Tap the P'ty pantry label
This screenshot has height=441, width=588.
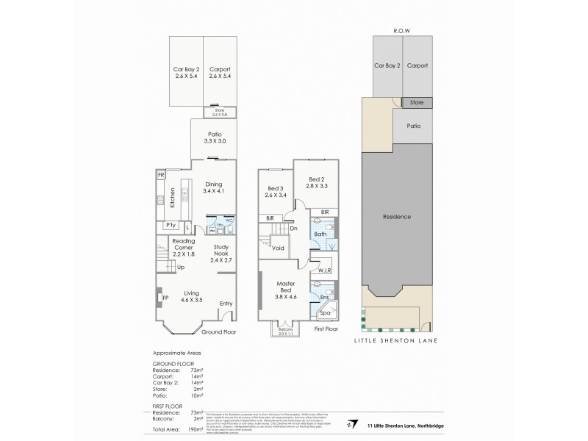click(x=171, y=225)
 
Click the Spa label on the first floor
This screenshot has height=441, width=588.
click(x=324, y=314)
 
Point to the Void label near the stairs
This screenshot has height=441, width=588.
click(x=278, y=248)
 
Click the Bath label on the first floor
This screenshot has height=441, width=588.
click(x=320, y=234)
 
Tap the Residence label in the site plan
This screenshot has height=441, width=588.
click(x=397, y=217)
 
